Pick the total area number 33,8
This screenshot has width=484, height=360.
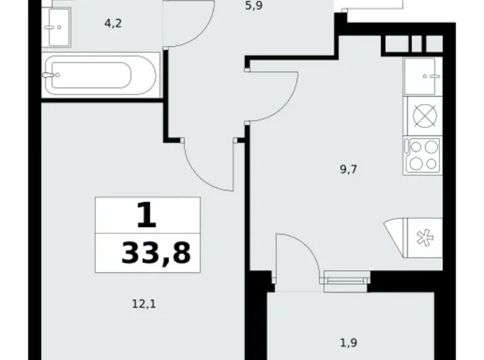156,253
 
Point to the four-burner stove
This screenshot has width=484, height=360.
422,155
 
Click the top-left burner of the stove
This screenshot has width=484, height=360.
415,147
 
